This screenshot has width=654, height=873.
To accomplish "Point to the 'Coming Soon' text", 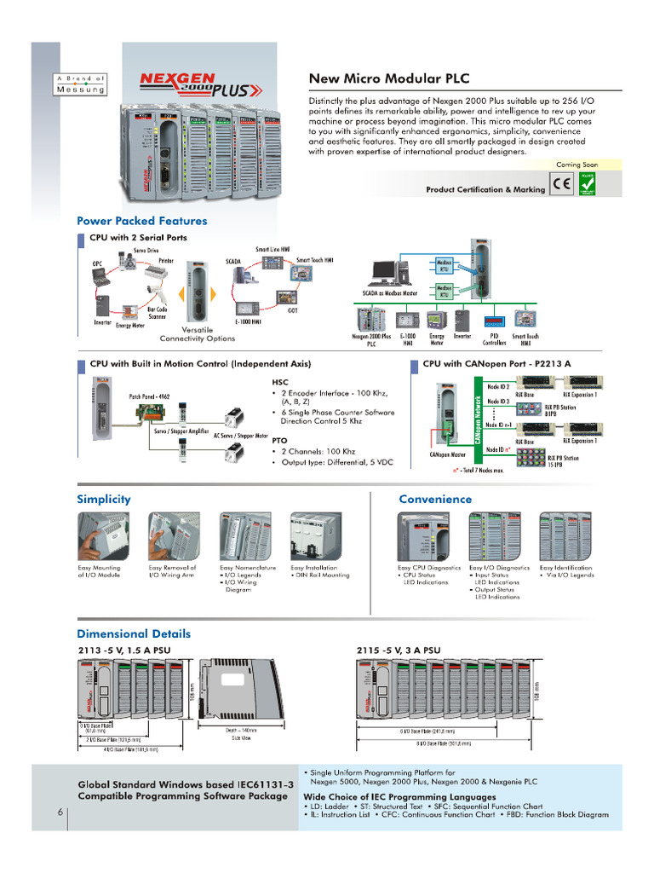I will (x=577, y=165).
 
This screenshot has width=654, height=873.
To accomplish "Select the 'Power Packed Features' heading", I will (x=141, y=221).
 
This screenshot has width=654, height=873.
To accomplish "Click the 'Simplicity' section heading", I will (x=104, y=499).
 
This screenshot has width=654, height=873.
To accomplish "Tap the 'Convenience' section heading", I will (x=434, y=499).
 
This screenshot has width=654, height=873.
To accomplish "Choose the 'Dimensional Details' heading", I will (x=134, y=633).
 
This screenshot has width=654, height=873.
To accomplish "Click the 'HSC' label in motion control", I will (x=280, y=383).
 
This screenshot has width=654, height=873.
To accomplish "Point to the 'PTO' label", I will (x=279, y=440).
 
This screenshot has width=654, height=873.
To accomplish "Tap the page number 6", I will (x=60, y=812).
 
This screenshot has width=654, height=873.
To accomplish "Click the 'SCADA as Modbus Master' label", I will (x=399, y=292).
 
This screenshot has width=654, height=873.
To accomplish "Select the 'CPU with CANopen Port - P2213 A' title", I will (x=496, y=363).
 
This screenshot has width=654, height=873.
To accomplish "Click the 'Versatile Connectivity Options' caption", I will (x=197, y=333).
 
